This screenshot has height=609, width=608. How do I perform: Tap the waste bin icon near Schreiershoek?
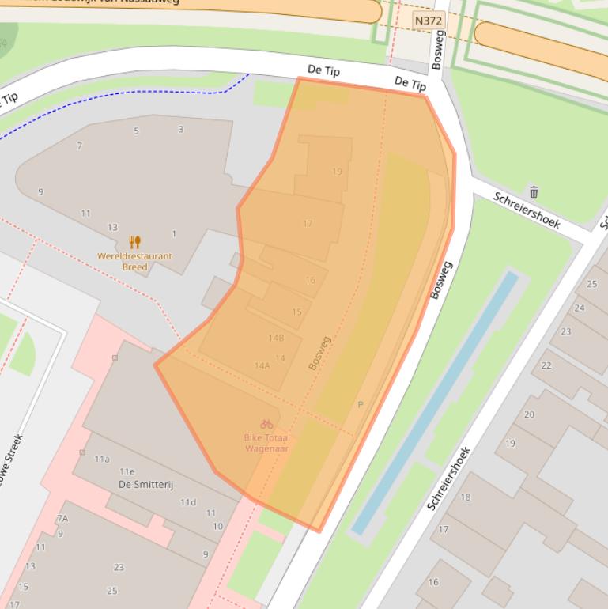[x=534, y=191]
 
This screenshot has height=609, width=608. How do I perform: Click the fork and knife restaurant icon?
[x=134, y=242]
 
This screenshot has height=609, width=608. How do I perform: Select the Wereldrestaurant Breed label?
[x=134, y=261]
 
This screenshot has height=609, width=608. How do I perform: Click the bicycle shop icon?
[x=266, y=424]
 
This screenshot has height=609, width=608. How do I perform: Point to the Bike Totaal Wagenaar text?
[x=266, y=443]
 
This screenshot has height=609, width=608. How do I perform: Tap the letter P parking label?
[x=361, y=404]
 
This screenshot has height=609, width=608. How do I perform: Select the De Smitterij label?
[x=145, y=484]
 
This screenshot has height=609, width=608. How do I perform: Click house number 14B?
[x=275, y=338]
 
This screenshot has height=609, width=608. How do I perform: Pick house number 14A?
[x=262, y=365]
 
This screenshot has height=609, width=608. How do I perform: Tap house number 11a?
[x=102, y=459]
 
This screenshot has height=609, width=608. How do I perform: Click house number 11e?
[x=127, y=471]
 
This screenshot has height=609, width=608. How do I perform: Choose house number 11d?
[x=187, y=502]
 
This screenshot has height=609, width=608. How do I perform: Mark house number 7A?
[x=62, y=518]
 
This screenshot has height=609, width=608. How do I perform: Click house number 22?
[x=546, y=365]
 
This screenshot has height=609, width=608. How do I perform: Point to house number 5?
[x=136, y=130]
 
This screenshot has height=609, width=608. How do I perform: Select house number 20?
[x=529, y=414]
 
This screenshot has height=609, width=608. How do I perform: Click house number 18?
[x=466, y=497]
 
